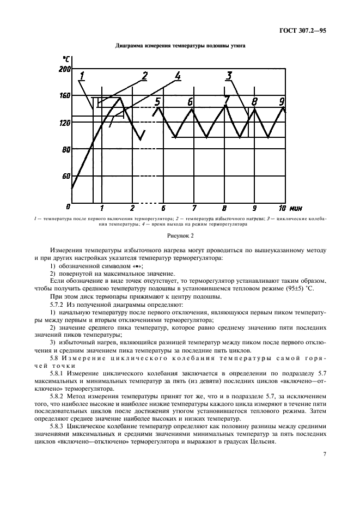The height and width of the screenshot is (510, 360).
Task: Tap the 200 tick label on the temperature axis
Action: tap(64, 69)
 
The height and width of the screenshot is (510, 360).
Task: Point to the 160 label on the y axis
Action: tap(64, 96)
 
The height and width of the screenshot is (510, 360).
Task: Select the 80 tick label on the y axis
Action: tap(66, 149)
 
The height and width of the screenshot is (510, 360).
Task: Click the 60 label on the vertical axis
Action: tap(66, 176)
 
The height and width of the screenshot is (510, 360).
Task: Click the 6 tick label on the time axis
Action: tap(163, 208)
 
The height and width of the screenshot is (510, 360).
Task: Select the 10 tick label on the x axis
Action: tap(282, 208)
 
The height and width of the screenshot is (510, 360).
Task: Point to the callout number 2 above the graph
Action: tap(145, 76)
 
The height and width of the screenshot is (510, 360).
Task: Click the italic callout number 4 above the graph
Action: tap(178, 76)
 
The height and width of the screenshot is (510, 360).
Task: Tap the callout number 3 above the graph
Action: tap(229, 76)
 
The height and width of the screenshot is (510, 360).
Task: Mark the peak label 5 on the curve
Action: tap(157, 101)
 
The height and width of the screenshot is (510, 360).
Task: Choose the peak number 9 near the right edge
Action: tap(282, 101)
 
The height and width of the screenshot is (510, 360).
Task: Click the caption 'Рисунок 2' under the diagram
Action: tap(180, 235)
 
